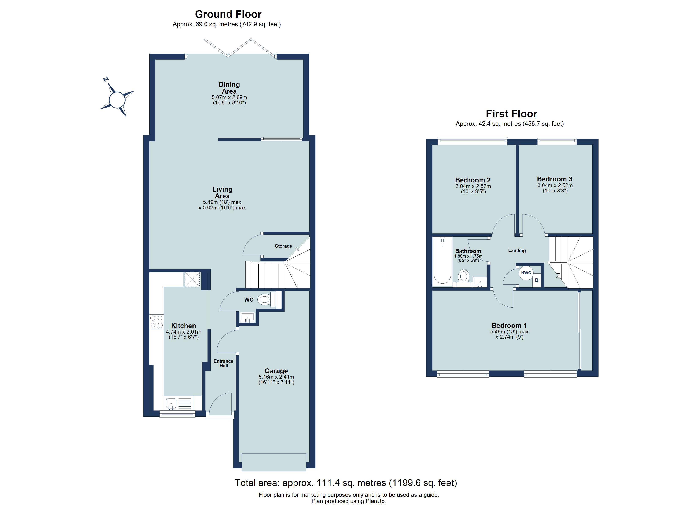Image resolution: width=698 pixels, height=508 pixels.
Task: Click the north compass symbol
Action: tap(117, 100)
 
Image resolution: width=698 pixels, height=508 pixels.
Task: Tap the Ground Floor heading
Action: tap(228, 14)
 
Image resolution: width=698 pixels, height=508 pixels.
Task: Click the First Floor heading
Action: tap(511, 114)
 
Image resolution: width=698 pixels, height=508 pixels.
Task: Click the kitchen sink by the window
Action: tap(171, 403)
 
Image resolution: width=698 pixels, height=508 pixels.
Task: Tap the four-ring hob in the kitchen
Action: tap(156, 321)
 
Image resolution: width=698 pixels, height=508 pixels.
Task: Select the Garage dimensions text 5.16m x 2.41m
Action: tap(276, 377)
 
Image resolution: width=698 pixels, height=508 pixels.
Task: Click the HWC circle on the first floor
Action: tap(526, 273)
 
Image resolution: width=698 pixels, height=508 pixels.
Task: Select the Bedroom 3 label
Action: tap(555, 179)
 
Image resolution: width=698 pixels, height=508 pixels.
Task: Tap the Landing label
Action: tap(517, 250)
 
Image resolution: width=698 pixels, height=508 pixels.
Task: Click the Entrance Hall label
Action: tap(223, 363)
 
